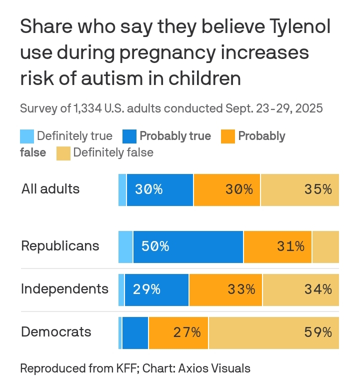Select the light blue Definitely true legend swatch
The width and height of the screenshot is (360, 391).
[x=27, y=136]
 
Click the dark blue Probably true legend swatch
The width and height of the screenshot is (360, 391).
[x=129, y=136]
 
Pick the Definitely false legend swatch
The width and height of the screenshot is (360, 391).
[x=63, y=152]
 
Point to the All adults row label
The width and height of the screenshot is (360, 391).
[x=50, y=189]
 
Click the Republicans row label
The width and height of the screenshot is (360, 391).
[x=60, y=246]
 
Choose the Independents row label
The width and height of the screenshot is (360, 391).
[x=64, y=289]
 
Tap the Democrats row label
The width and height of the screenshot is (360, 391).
[x=56, y=332]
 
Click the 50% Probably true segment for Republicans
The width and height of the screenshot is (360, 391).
[x=188, y=246]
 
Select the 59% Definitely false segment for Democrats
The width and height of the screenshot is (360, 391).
[x=273, y=332]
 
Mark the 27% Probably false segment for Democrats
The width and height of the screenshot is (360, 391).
[x=178, y=332]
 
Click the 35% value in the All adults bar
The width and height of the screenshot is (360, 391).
[x=318, y=189]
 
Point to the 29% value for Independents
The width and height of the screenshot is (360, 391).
[x=146, y=289]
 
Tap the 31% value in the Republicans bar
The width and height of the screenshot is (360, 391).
[x=290, y=246]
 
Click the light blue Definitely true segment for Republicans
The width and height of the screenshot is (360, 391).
[x=125, y=246]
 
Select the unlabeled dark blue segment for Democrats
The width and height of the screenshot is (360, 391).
[x=135, y=332]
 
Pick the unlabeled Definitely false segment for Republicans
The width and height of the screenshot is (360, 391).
[x=325, y=246]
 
